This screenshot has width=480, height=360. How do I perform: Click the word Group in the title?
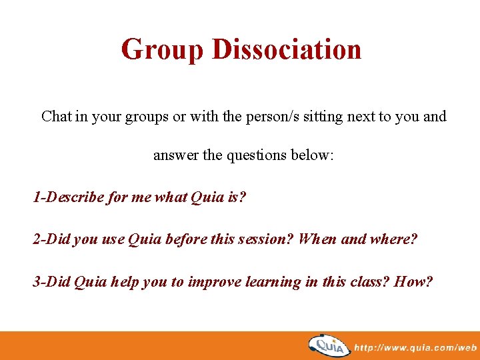coord(162,50)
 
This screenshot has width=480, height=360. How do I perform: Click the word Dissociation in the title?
coord(287,50)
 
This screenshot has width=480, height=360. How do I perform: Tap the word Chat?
coord(56,117)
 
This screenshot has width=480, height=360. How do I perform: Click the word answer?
coord(176,155)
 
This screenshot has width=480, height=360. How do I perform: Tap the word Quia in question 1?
coord(207,198)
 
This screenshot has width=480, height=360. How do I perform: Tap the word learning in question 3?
coord(271,282)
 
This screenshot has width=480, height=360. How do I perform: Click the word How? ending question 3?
coord(414,282)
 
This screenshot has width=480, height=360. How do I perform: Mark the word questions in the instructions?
coord(257,155)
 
